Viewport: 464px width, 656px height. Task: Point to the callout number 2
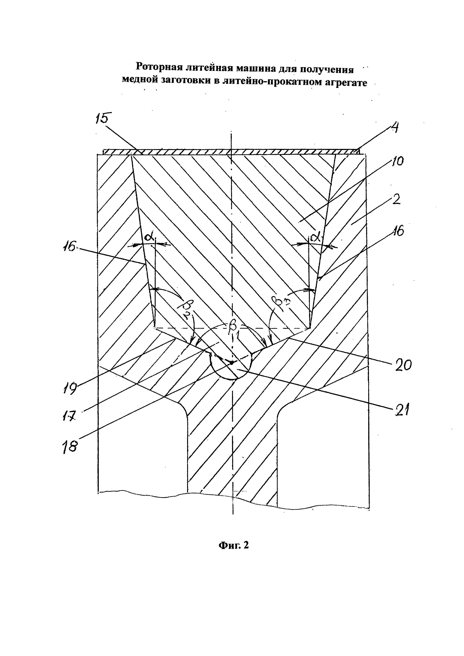(396, 200)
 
